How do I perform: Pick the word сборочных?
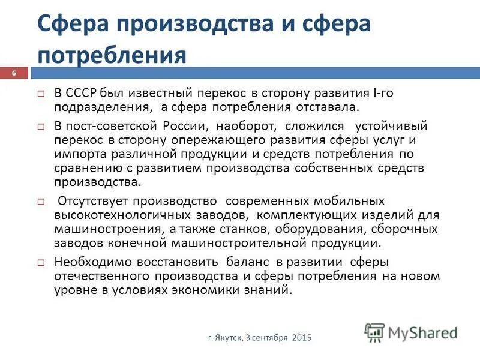pyautogui.click(x=407, y=229)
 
